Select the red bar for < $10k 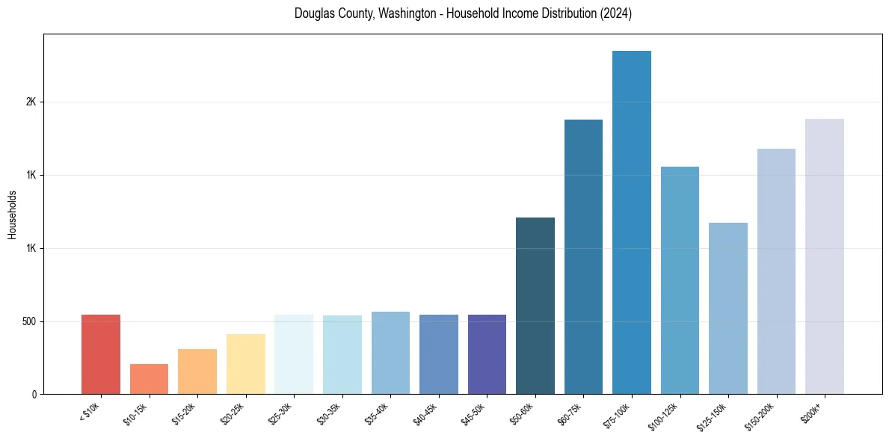pyautogui.click(x=101, y=354)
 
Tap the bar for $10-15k pyautogui.click(x=149, y=379)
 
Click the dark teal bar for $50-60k pyautogui.click(x=535, y=306)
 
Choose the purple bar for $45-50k pyautogui.click(x=487, y=354)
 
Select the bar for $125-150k pyautogui.click(x=727, y=308)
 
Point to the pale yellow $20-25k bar pyautogui.click(x=245, y=364)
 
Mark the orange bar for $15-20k pyautogui.click(x=197, y=371)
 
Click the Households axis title pyautogui.click(x=13, y=215)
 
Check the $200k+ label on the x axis pyautogui.click(x=813, y=410)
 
